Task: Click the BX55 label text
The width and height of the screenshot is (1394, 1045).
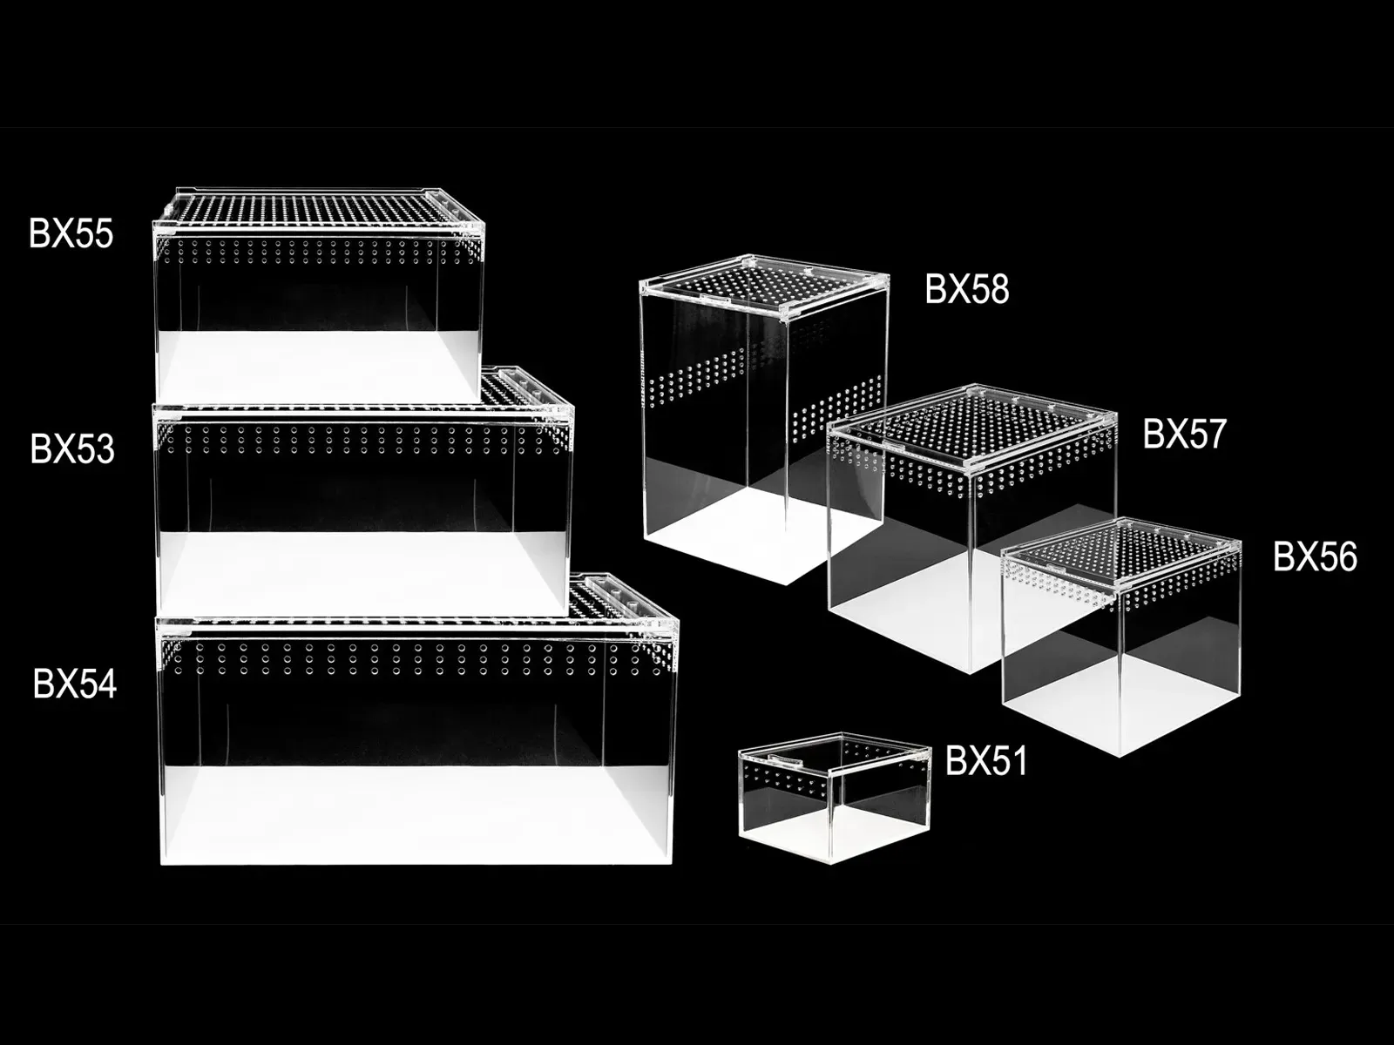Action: click(x=71, y=233)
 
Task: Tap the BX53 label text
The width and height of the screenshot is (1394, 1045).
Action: click(x=72, y=449)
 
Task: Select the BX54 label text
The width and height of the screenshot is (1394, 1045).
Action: click(x=75, y=684)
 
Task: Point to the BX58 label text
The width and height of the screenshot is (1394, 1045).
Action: click(x=966, y=289)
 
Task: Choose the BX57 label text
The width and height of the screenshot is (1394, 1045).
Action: click(x=1184, y=434)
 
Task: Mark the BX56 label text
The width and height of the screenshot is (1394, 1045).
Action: click(x=1316, y=557)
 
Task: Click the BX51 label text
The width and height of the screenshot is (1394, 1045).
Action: click(x=985, y=760)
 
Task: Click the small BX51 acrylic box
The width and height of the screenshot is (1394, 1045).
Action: click(x=835, y=798)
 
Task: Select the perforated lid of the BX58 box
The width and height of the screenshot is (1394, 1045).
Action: click(x=764, y=284)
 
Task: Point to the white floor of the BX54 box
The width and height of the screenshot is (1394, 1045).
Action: click(x=416, y=814)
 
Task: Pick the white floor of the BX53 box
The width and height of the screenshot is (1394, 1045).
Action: click(x=362, y=571)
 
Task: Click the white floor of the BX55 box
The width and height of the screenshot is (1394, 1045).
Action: click(x=317, y=366)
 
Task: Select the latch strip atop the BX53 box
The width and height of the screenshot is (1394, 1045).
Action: click(x=524, y=386)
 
